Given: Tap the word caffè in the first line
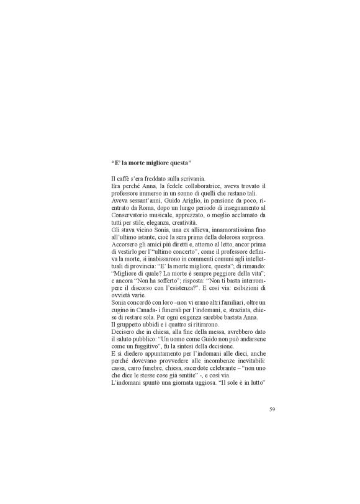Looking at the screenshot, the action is (124, 179).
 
